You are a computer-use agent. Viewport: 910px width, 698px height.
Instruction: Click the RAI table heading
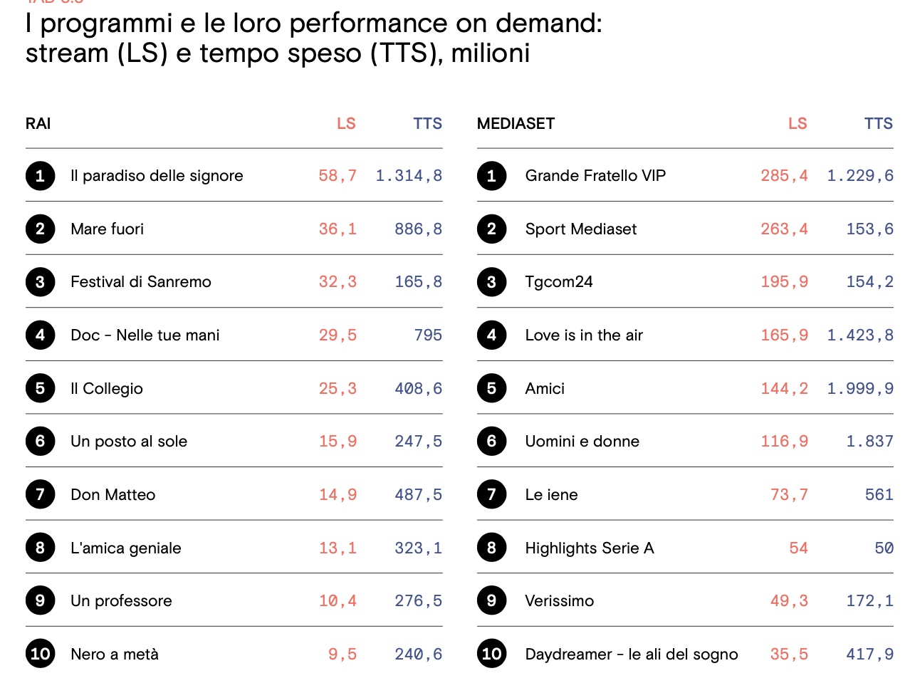point(38,124)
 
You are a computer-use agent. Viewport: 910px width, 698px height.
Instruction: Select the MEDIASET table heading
point(516,124)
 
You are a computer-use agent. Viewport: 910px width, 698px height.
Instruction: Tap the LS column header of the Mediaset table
point(797,124)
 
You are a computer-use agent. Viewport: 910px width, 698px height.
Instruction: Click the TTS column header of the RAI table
point(427,124)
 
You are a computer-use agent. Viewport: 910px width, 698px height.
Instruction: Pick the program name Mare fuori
point(107,229)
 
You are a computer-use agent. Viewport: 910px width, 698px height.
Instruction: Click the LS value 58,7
point(338,176)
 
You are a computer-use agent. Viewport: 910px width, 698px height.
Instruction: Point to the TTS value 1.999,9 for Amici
point(859,389)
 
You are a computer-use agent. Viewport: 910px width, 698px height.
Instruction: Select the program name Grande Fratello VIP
point(595,176)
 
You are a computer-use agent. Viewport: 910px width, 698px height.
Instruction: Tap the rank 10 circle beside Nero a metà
point(41,654)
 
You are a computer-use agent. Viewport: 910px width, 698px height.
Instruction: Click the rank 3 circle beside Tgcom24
point(491,282)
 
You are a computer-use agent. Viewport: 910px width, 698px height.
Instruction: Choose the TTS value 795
point(428,335)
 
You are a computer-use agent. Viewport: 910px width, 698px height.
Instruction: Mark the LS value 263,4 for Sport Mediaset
point(784,229)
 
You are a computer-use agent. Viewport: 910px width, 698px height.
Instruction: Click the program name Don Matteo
point(113,495)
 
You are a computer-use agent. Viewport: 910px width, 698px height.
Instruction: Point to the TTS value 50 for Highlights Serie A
point(884,548)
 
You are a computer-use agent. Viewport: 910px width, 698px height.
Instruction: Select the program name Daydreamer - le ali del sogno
point(631,655)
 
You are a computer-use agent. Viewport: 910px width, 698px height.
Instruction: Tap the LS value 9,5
point(342,655)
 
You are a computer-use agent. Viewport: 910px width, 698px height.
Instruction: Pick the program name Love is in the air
point(584,335)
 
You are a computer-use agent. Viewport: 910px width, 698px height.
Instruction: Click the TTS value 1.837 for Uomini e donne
point(869,442)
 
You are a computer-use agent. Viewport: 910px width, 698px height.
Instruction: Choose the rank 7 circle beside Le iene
point(491,494)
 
